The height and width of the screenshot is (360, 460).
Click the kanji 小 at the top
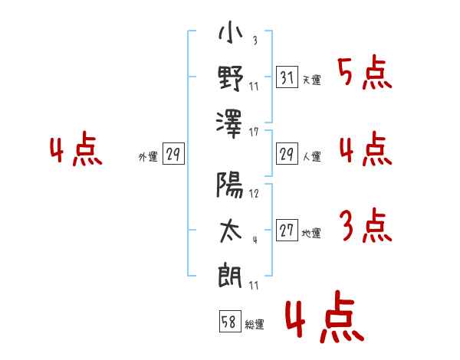(231, 31)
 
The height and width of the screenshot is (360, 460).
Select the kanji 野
(231, 79)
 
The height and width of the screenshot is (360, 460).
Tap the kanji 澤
(229, 124)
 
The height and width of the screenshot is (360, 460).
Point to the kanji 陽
(230, 185)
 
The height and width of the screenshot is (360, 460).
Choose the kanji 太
(231, 231)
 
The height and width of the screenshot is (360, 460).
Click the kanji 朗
(230, 277)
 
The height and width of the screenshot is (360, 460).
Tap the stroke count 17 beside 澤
(254, 133)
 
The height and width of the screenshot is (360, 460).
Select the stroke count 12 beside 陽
(254, 194)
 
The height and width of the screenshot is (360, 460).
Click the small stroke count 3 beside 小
(255, 40)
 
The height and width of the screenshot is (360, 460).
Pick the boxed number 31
(287, 77)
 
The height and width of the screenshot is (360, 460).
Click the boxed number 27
(287, 230)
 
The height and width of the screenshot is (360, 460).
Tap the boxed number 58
(230, 321)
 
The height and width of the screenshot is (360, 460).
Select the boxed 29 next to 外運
(173, 153)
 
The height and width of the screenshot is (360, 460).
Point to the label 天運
(311, 80)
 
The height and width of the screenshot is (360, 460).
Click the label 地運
(311, 233)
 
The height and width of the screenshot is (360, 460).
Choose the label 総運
(255, 324)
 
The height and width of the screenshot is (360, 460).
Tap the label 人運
(311, 156)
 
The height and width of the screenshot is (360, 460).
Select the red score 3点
(366, 225)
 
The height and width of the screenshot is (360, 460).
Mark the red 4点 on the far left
(76, 149)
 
